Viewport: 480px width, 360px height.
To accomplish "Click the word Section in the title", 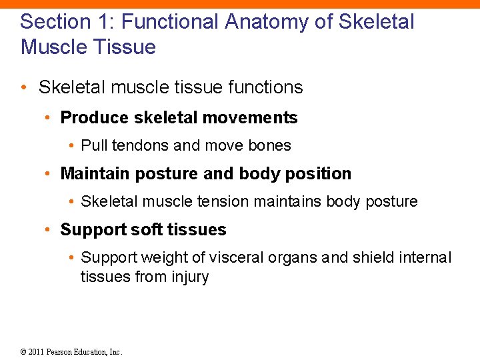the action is pyautogui.click(x=57, y=22).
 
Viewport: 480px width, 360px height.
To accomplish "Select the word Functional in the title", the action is pyautogui.click(x=169, y=22).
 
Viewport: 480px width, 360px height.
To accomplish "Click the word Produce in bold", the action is pyautogui.click(x=94, y=118).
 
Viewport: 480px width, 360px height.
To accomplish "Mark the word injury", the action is pyautogui.click(x=190, y=277).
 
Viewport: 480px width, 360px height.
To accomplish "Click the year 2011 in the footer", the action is pyautogui.click(x=36, y=352).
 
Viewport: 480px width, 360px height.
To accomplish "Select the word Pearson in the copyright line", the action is pyautogui.click(x=61, y=352).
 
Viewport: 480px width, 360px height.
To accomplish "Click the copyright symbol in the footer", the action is pyautogui.click(x=23, y=352).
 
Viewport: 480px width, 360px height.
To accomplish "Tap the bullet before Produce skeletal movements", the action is pyautogui.click(x=48, y=119).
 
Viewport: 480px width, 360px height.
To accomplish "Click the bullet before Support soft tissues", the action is pyautogui.click(x=48, y=231).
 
